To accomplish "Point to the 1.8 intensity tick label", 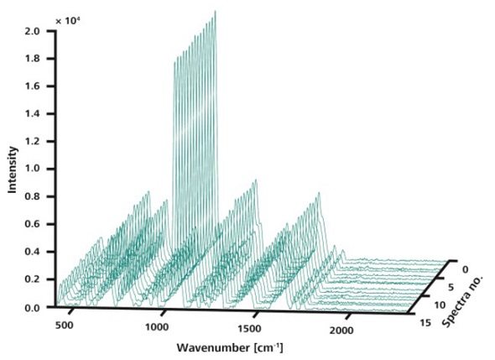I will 33,59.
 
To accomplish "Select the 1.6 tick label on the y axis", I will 33,86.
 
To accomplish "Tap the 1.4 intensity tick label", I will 33,114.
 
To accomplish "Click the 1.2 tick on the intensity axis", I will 33,142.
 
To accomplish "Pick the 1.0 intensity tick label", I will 33,169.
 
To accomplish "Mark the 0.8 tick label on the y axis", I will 33,196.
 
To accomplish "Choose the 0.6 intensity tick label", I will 33,224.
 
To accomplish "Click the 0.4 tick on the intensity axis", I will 33,252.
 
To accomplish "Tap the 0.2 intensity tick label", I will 33,279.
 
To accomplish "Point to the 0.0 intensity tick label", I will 33,307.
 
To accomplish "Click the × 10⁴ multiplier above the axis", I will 70,18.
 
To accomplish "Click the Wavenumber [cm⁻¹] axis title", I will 224,347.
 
